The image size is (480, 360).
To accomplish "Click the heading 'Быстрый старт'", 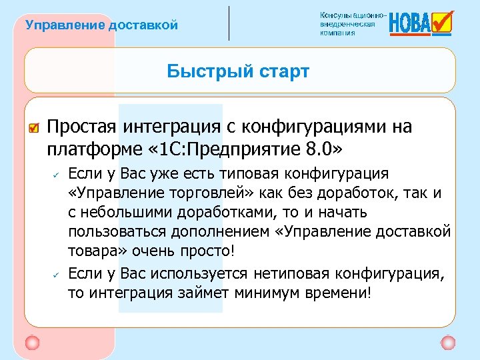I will (238, 71).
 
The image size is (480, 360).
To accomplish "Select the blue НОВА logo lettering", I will (409, 24).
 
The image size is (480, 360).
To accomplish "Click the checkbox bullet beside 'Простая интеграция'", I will (35, 127).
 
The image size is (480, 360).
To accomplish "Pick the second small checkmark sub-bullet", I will (57, 274).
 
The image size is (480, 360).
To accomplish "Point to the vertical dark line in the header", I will (229, 23).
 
